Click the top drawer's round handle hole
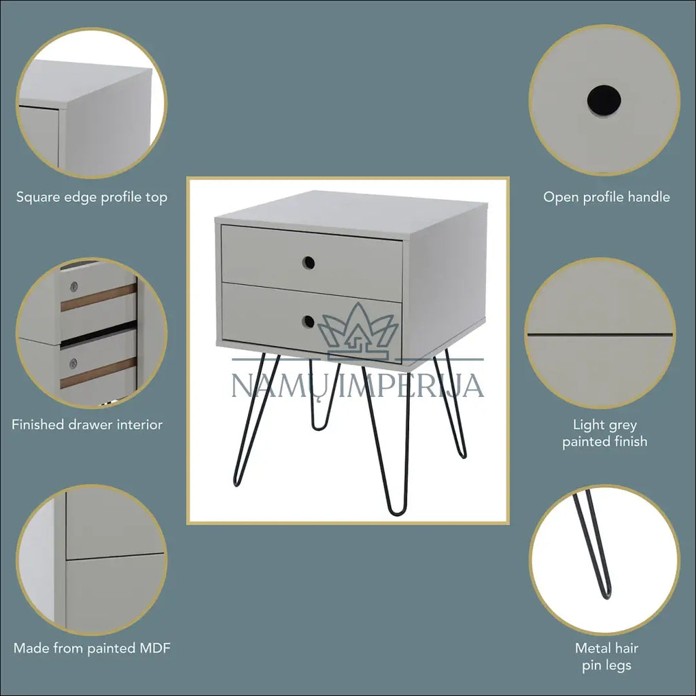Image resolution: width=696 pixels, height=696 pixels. [x=309, y=263]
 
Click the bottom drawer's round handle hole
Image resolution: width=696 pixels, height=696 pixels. [x=308, y=321]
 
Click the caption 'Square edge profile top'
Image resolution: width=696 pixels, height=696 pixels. [x=92, y=197]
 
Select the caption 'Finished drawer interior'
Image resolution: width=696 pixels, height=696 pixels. [x=87, y=425]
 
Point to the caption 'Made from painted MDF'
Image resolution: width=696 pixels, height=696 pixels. [x=92, y=648]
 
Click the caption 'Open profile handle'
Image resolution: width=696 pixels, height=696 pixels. [x=606, y=197]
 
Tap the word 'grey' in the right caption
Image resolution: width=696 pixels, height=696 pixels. [x=623, y=425]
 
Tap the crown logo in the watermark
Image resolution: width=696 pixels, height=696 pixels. [x=358, y=331]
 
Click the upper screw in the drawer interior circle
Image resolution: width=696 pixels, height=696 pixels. [x=73, y=286]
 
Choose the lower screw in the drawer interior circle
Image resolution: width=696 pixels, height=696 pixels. [x=73, y=363]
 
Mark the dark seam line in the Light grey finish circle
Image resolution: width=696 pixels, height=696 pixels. [x=600, y=334]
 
